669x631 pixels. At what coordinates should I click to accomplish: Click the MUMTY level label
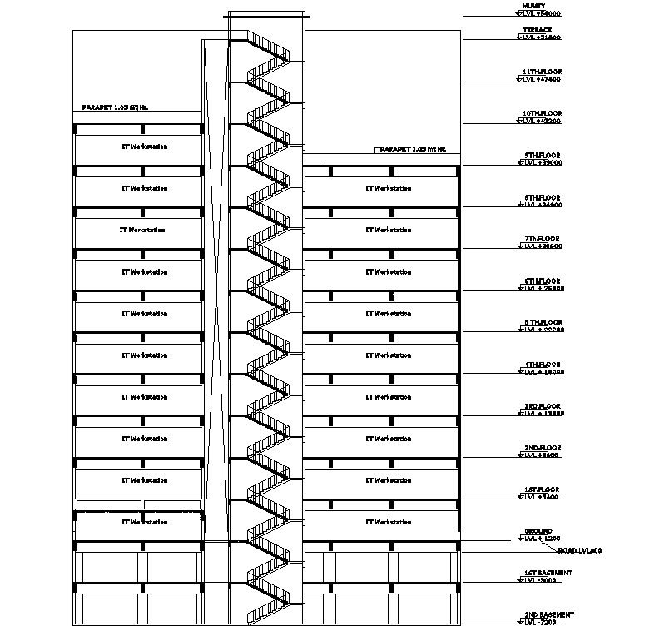pos(534,6)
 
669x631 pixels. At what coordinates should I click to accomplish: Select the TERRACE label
pos(538,30)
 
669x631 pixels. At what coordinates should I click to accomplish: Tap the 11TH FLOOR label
pos(543,72)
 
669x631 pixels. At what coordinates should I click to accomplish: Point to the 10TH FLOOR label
pos(543,113)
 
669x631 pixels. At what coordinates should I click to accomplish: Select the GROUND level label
pos(538,531)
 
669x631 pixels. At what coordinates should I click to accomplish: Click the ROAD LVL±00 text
pos(580,551)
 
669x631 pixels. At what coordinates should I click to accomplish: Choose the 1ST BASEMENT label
pos(548,574)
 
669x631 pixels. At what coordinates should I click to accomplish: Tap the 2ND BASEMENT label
pos(548,615)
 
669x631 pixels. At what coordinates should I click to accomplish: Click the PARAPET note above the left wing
pos(115,107)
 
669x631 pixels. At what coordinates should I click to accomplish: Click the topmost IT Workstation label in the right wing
pos(388,188)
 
